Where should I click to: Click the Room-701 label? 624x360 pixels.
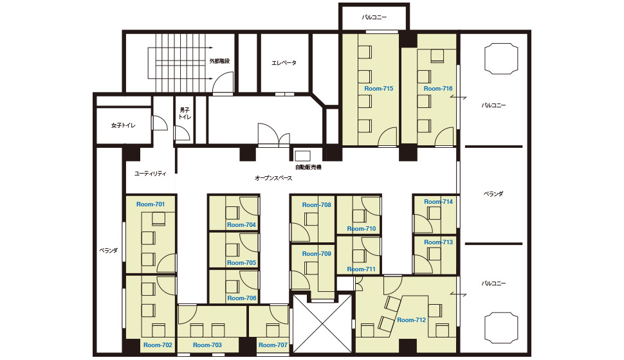[151, 204]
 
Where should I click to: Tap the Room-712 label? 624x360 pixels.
[412, 320]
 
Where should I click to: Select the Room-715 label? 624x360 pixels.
[379, 88]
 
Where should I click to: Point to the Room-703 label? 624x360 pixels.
[207, 345]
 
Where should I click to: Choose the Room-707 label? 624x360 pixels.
[273, 345]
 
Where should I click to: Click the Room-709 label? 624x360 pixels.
[317, 253]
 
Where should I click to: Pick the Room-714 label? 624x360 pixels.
[439, 202]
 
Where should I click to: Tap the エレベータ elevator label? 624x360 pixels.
[284, 63]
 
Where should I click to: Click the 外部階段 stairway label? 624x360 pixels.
[219, 61]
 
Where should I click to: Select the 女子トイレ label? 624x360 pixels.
[124, 125]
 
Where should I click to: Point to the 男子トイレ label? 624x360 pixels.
[185, 113]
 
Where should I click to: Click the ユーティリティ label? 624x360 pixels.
[150, 174]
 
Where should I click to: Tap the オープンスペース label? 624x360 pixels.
[273, 178]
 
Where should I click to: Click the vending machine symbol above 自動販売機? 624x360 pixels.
[303, 156]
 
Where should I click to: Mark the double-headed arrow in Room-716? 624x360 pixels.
[459, 98]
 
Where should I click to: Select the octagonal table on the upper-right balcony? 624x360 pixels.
[501, 59]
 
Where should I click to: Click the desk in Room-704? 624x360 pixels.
[232, 213]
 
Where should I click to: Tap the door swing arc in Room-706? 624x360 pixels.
[249, 280]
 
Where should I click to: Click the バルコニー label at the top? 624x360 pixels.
[374, 17]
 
